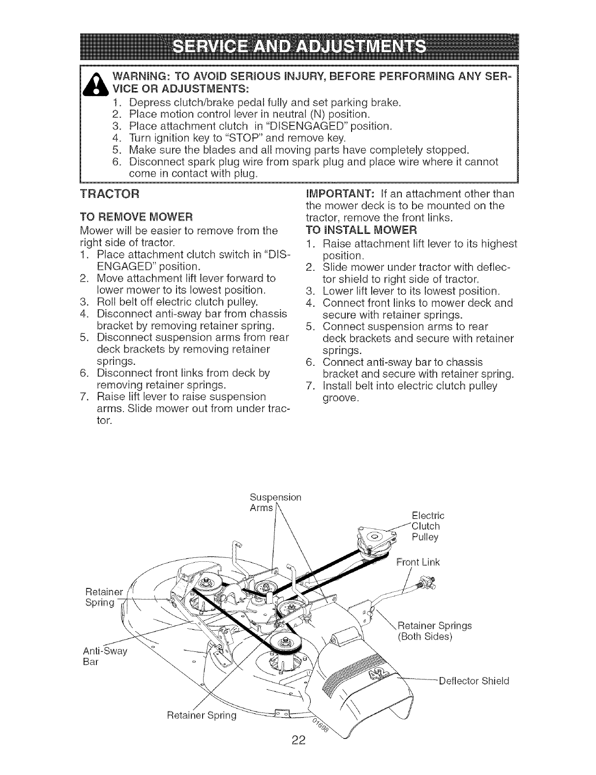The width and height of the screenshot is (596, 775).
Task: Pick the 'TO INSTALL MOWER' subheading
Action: (x=360, y=229)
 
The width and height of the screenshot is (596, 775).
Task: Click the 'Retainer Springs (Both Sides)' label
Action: (x=433, y=631)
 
